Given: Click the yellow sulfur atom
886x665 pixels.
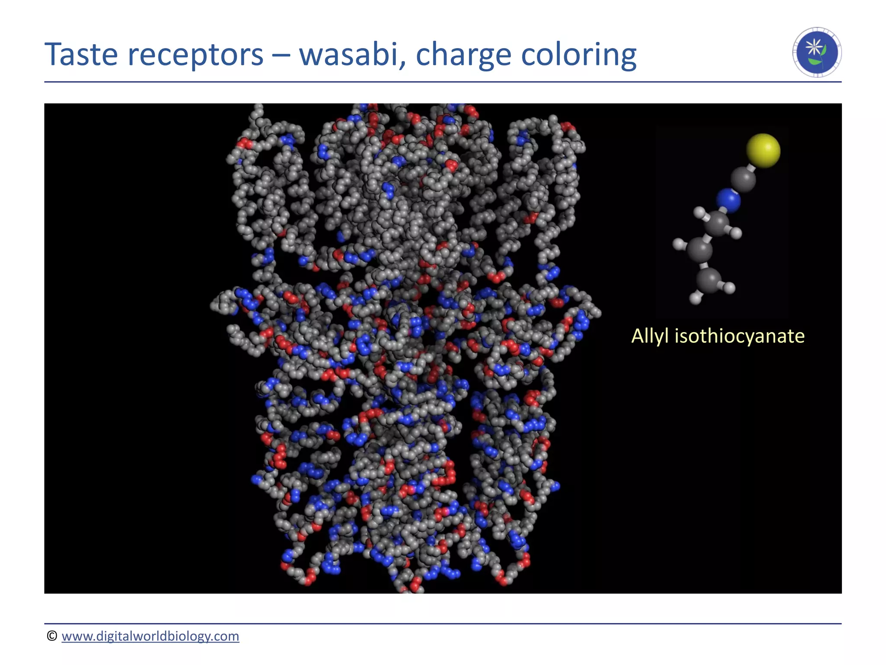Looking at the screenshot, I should tap(763, 150).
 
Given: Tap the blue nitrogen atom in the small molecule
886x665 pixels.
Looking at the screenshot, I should tap(728, 200).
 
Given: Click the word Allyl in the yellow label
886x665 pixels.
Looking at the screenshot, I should tap(650, 336).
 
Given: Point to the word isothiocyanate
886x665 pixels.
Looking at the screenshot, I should tap(739, 336).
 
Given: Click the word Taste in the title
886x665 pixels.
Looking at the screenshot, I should tap(81, 55).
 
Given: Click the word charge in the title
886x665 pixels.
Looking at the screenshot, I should tap(464, 55).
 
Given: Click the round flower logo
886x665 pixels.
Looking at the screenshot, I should tap(817, 52).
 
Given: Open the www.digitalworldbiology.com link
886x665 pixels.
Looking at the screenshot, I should tap(150, 636).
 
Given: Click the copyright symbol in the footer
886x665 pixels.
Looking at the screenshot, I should tap(52, 636).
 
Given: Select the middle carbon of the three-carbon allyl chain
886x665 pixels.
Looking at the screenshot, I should tap(700, 250).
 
